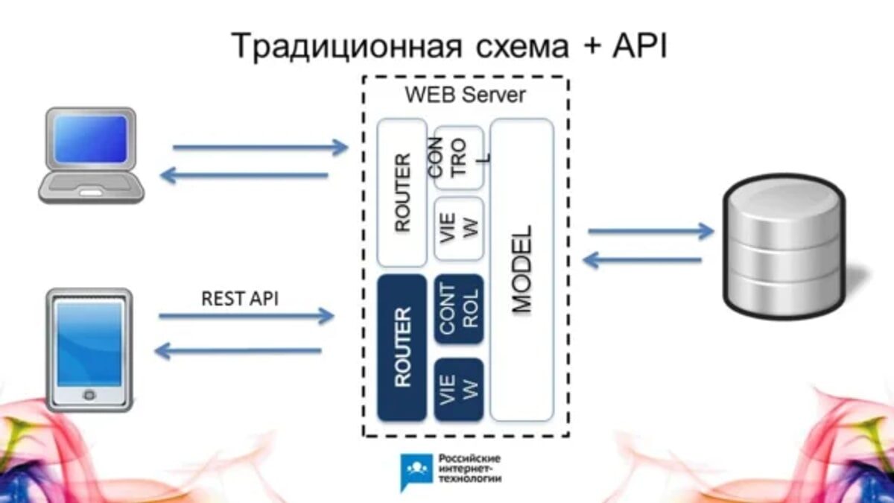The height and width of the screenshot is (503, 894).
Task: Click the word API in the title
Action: pyautogui.click(x=639, y=46)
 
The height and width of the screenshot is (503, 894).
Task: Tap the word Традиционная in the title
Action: pyautogui.click(x=346, y=47)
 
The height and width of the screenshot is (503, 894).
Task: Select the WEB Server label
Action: pyautogui.click(x=466, y=95)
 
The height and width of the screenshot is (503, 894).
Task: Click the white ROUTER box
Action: pyautogui.click(x=402, y=193)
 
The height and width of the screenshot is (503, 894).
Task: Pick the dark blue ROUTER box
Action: pyautogui.click(x=402, y=348)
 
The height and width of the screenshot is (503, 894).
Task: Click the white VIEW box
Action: pyautogui.click(x=459, y=228)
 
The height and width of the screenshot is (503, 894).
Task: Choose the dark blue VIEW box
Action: pyautogui.click(x=459, y=390)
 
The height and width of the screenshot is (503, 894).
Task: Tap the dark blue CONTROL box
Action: pyautogui.click(x=459, y=309)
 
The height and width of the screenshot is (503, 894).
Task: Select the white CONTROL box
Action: pyautogui.click(x=459, y=158)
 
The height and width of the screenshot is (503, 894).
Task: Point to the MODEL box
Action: pyautogui.click(x=522, y=270)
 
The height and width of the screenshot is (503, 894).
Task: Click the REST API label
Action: pyautogui.click(x=240, y=299)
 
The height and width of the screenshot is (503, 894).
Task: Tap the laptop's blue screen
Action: pyautogui.click(x=91, y=139)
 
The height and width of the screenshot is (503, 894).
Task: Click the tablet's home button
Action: pyautogui.click(x=89, y=395)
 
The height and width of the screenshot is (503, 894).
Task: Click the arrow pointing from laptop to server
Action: pyautogui.click(x=260, y=148)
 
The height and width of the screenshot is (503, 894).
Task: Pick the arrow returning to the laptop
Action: pyautogui.click(x=244, y=175)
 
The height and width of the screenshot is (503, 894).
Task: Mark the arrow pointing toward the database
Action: pyautogui.click(x=651, y=232)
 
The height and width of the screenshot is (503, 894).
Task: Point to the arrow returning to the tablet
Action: pyautogui.click(x=238, y=351)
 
